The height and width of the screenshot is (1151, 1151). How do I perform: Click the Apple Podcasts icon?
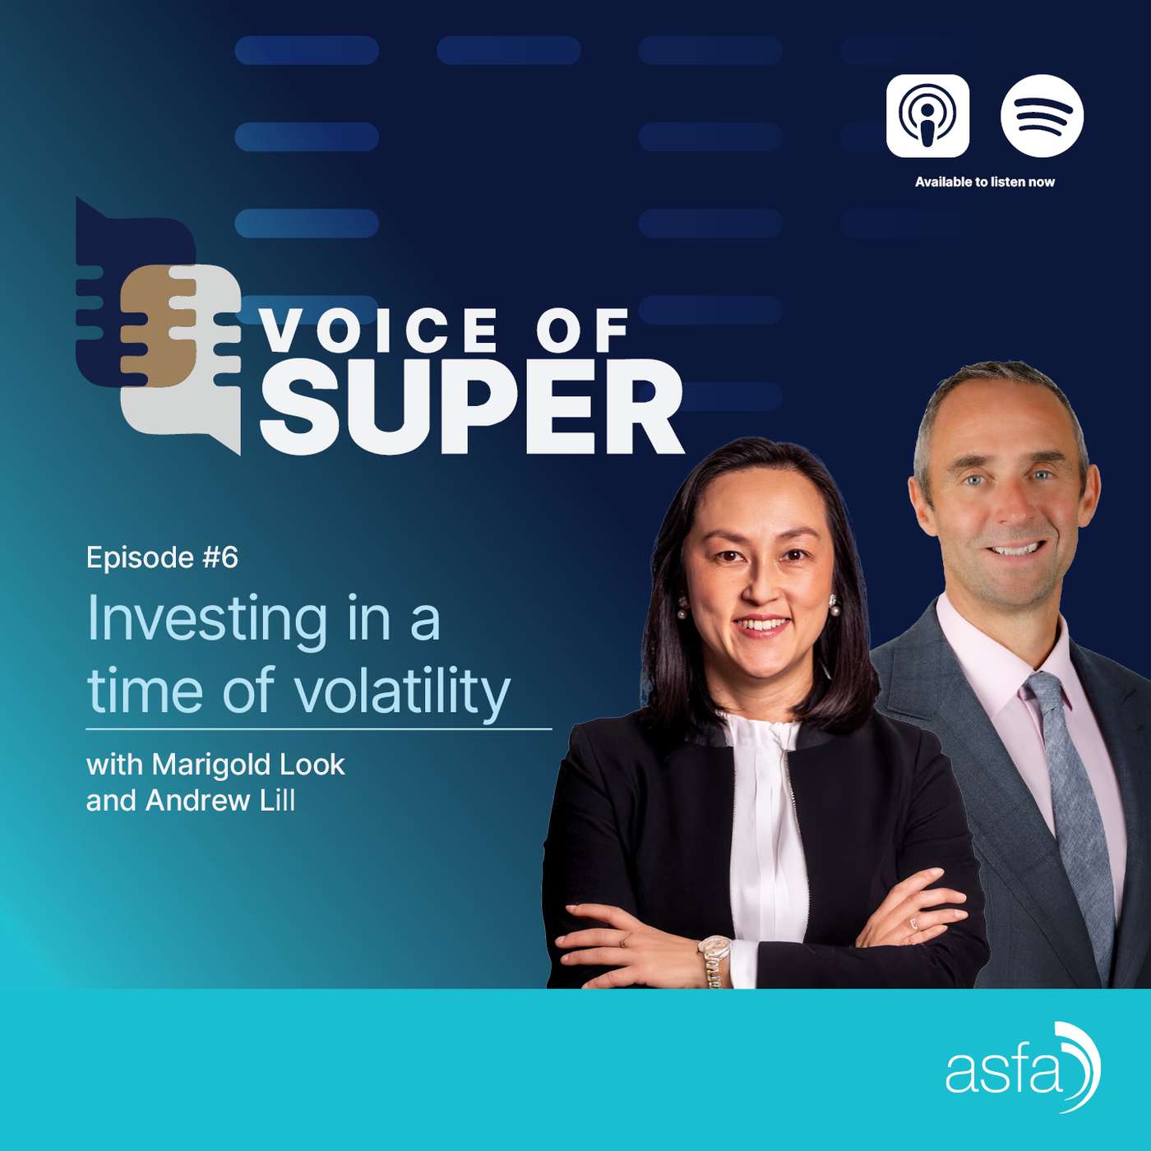point(927,116)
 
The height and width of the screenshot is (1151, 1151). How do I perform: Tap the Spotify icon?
point(1042,116)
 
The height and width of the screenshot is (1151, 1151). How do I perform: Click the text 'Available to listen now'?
point(984,182)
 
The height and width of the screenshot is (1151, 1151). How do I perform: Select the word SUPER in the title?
point(472,409)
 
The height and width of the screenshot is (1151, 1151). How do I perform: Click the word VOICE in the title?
point(379,331)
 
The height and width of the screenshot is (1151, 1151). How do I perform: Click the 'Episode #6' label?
point(162,557)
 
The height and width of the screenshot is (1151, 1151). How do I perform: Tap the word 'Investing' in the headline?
point(207,618)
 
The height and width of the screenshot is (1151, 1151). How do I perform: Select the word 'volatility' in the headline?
point(403,691)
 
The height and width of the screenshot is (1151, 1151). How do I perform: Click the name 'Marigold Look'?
point(248,765)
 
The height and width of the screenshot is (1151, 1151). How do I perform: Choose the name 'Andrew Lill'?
point(220,801)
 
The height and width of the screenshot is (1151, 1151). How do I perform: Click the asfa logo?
point(1022,1067)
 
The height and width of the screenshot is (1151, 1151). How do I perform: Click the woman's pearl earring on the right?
point(834,608)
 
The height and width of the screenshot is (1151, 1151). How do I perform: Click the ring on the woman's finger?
point(913,924)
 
